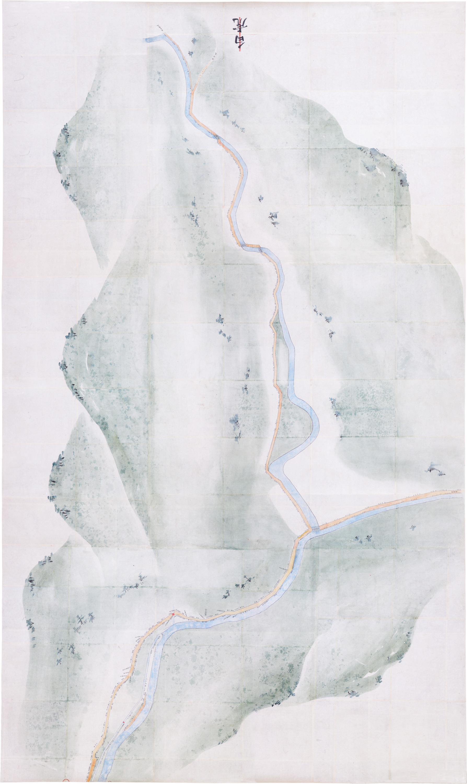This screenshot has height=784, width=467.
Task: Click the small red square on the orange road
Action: pyautogui.click(x=172, y=614)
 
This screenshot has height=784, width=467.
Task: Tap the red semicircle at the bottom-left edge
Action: pyautogui.click(x=66, y=781)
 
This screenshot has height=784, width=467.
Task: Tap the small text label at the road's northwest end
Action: pyautogui.click(x=159, y=28)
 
